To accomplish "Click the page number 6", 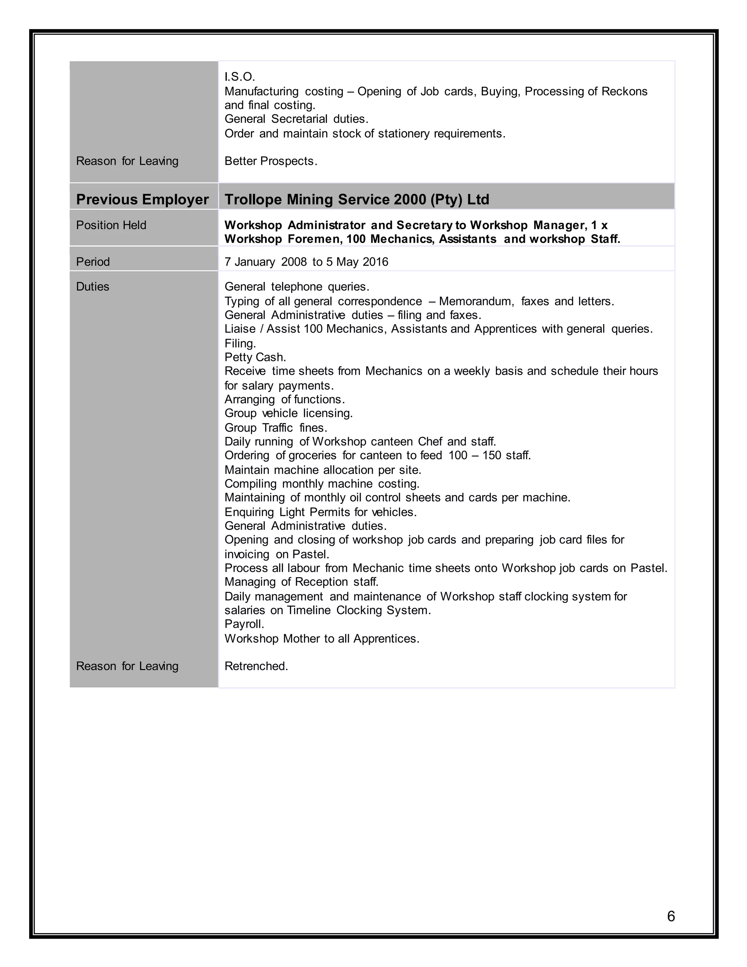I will [x=671, y=916].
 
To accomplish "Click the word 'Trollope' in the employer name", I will [x=253, y=199].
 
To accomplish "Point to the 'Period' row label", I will [x=93, y=262].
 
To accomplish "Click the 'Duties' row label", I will [x=93, y=286].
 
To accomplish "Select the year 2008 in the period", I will [x=294, y=262].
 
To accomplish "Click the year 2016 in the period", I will [x=375, y=262].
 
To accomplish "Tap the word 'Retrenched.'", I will [x=256, y=666].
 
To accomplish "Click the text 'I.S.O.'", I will [x=239, y=77].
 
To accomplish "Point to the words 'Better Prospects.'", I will [x=271, y=161].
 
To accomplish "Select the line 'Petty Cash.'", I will [x=255, y=357].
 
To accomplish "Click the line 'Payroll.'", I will [x=244, y=624].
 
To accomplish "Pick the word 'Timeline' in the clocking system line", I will [x=309, y=610].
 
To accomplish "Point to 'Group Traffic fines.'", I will [x=276, y=428].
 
